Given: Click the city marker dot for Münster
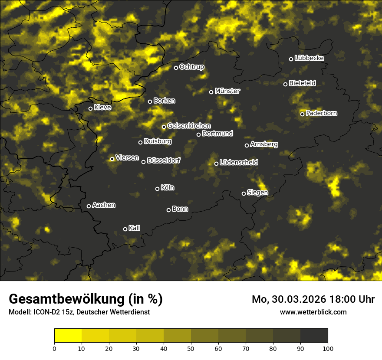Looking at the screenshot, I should (x=211, y=92).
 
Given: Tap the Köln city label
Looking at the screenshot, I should (x=168, y=188).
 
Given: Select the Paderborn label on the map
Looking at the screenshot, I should (x=322, y=113).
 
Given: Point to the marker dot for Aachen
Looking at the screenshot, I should (x=89, y=206).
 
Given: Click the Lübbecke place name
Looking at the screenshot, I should (x=310, y=58).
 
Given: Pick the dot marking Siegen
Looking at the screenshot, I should (x=244, y=193).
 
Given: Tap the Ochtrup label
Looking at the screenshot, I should (x=192, y=67).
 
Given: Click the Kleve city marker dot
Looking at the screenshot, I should (x=91, y=108).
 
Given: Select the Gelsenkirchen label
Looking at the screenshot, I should (x=189, y=126).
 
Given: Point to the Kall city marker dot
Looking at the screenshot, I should (x=125, y=229).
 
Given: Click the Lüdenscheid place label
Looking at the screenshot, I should (x=239, y=163).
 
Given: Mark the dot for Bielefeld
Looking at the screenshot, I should (x=286, y=84).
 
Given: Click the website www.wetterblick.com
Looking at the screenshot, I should (x=313, y=312).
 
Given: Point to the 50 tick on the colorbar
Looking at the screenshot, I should (x=191, y=348).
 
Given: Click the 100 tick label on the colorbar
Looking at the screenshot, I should (x=328, y=348).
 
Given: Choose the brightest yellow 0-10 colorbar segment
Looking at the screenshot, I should (x=68, y=335).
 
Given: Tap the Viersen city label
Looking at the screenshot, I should (x=127, y=158).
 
